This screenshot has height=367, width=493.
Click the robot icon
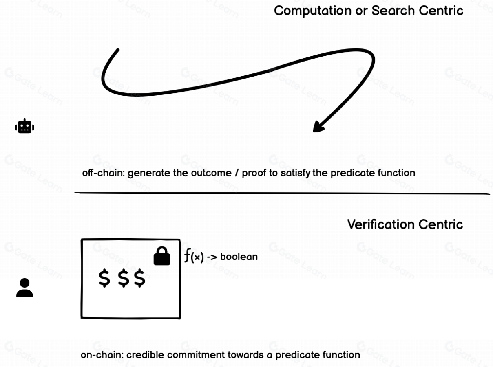click(24, 127)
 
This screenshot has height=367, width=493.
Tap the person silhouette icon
click(24, 288)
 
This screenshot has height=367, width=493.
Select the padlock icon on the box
click(162, 256)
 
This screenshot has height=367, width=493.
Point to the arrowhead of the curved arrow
click(318, 126)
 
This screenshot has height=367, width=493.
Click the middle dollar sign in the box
click(123, 279)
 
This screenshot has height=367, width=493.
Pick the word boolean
click(239, 257)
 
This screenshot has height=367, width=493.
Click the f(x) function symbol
click(194, 257)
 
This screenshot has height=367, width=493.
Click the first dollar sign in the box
click(105, 279)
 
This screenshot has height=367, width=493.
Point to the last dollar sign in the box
click(140, 279)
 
